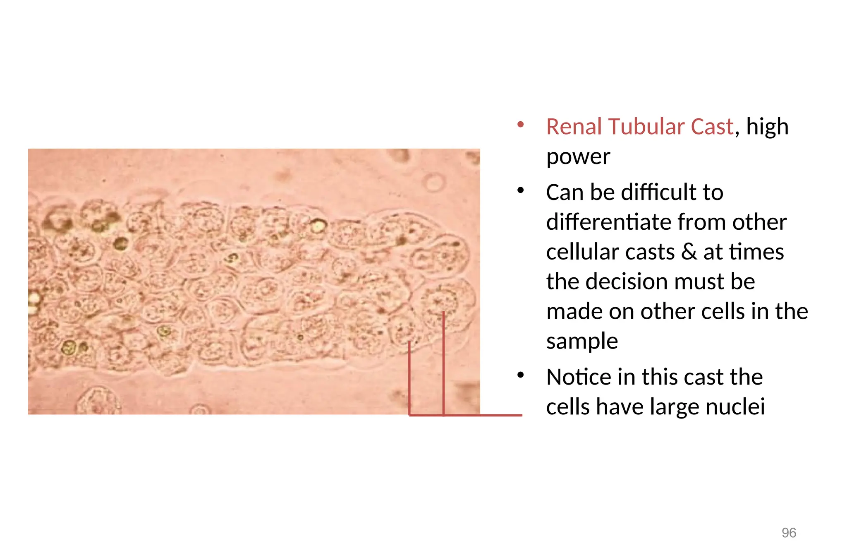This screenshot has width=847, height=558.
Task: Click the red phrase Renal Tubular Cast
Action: click(639, 127)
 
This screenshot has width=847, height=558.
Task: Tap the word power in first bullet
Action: click(578, 156)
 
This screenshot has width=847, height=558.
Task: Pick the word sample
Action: click(581, 342)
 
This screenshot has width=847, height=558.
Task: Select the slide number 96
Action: click(789, 533)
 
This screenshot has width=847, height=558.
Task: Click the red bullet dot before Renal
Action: click(521, 124)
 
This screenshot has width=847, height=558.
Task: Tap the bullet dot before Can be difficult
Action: click(521, 190)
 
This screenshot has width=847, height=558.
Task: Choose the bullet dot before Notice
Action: click(521, 375)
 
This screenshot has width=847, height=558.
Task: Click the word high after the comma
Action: click(767, 127)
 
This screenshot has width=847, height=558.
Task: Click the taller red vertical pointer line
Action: click(443, 364)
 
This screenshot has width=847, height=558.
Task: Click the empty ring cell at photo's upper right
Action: click(433, 183)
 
